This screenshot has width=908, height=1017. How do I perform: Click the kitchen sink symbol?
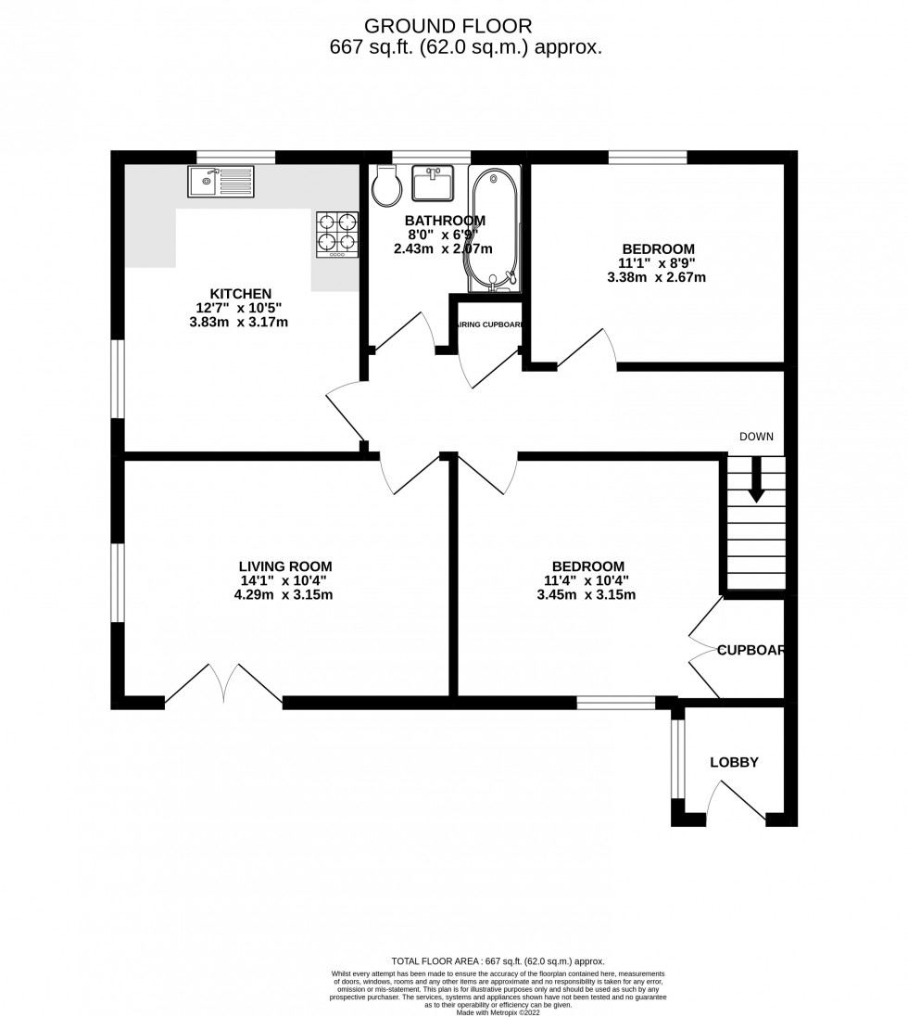[x=220, y=181]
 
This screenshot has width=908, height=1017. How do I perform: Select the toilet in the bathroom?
[x=386, y=188]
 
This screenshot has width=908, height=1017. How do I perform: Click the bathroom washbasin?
[x=433, y=184]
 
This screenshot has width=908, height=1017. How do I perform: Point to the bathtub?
[x=495, y=228]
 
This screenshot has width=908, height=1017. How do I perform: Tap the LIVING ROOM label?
[x=285, y=566]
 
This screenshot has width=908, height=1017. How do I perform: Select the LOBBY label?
[x=734, y=763]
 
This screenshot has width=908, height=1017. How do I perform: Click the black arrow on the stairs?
[x=756, y=479]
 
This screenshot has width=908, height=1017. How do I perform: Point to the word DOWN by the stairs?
[x=756, y=437]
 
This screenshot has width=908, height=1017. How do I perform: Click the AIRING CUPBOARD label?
[x=490, y=325]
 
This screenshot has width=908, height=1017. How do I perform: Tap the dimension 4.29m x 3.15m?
[x=285, y=595]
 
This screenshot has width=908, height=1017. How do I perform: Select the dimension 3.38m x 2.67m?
[x=657, y=277]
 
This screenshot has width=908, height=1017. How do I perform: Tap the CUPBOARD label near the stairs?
[x=751, y=651]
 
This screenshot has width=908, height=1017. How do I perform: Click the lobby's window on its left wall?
[x=677, y=758]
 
